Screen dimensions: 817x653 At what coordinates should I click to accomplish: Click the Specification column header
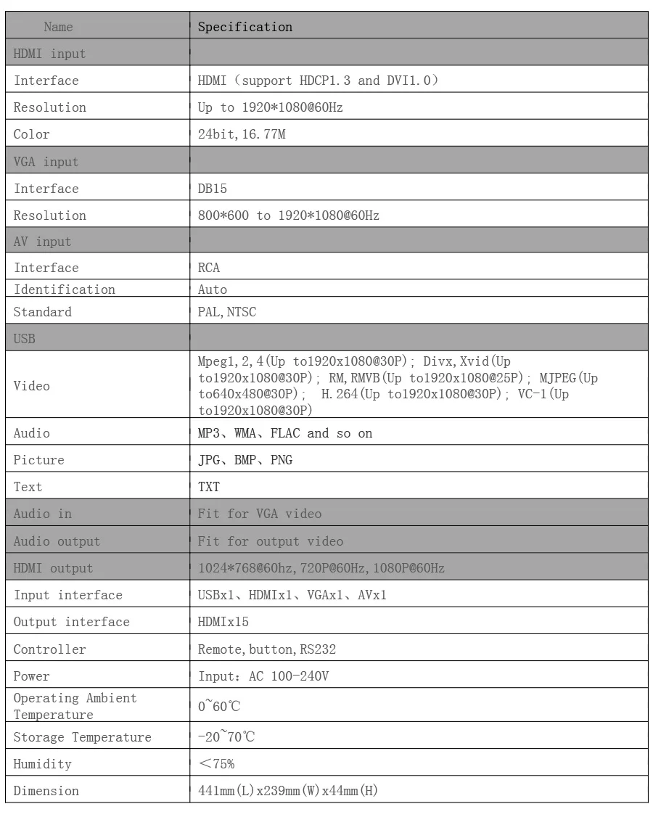(x=245, y=28)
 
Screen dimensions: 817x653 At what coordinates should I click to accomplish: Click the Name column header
(x=58, y=28)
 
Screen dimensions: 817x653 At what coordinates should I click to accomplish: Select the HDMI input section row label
(x=49, y=54)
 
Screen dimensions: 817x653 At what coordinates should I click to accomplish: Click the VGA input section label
(x=46, y=162)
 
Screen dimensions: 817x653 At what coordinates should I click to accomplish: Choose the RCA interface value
(x=209, y=268)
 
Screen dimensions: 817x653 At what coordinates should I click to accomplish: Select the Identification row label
(x=65, y=290)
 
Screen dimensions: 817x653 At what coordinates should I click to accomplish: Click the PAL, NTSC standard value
(x=226, y=313)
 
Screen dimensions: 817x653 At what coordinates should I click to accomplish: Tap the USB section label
(x=25, y=339)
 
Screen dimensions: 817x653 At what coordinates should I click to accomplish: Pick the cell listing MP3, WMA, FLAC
(x=285, y=433)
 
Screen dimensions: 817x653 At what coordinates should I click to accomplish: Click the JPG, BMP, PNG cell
(x=245, y=460)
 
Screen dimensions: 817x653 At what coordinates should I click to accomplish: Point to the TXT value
(x=209, y=488)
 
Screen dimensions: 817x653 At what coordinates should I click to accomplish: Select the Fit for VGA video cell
(x=260, y=514)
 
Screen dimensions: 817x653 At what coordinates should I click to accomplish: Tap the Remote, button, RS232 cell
(x=267, y=649)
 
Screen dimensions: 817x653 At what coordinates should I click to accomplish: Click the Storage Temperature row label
(x=83, y=737)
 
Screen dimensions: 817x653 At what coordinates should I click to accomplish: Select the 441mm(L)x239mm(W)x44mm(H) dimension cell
(x=288, y=791)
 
